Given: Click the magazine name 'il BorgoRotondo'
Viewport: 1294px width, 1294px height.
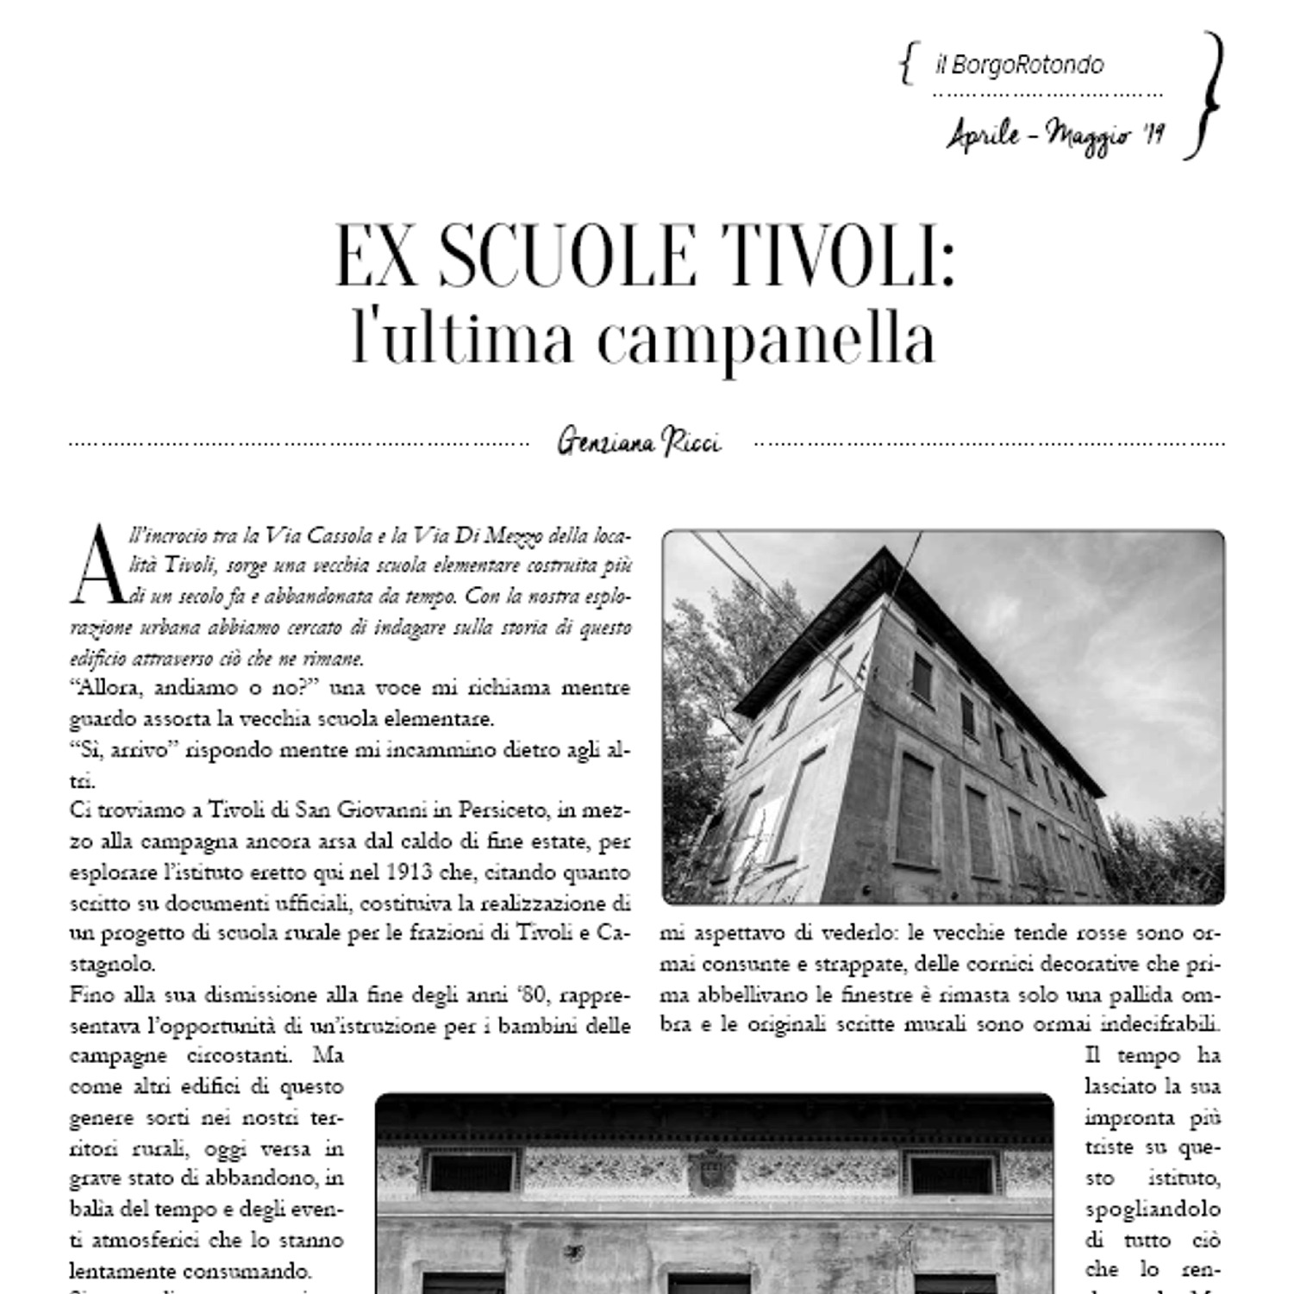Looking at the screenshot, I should coord(1019,65).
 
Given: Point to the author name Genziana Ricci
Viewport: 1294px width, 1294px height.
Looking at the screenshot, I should coord(639,442).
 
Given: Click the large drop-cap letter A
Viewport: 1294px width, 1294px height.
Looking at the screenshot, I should coord(97,566).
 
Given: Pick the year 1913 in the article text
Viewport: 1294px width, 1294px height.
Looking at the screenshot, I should coord(409,872).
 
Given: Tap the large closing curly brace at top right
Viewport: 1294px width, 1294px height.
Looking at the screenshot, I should coord(1207,96).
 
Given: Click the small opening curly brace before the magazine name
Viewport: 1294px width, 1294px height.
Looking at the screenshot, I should coord(906,65).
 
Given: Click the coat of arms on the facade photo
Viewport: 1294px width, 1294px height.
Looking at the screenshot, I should coord(711,1170).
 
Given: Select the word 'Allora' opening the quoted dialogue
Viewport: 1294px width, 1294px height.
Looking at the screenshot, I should coord(109,687).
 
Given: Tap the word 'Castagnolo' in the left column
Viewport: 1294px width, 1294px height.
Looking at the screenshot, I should coord(112,964).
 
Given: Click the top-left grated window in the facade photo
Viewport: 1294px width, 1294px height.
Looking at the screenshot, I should coord(471,1172).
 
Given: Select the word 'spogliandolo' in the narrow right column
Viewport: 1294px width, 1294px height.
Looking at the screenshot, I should coord(1153,1210).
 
